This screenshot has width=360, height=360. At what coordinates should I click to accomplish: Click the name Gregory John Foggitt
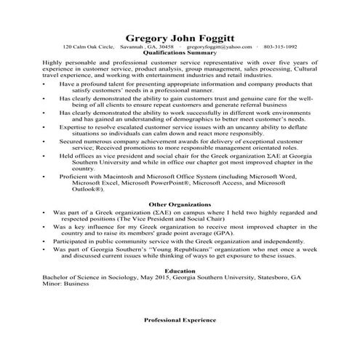tap(180, 36)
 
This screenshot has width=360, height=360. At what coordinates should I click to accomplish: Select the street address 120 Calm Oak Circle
tap(89, 46)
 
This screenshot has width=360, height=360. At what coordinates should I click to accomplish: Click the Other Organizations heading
tap(180, 204)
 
